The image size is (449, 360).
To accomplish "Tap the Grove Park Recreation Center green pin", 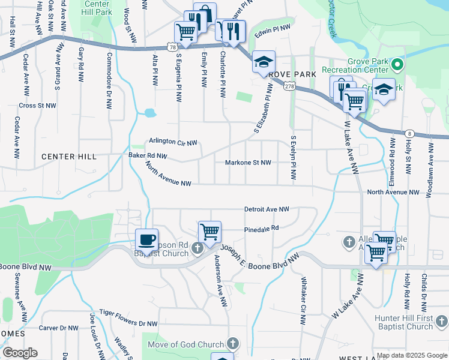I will click(396, 64).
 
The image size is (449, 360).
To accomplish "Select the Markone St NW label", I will click(248, 163).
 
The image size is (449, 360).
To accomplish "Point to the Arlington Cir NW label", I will click(173, 143).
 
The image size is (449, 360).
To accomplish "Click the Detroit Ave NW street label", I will click(267, 209).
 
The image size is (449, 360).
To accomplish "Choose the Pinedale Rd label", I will click(262, 229).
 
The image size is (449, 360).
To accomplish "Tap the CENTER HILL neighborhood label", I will click(69, 157).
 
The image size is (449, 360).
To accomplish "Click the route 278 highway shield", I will click(290, 87).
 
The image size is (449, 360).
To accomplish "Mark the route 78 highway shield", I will click(172, 47).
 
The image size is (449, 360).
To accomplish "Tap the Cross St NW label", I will click(37, 105).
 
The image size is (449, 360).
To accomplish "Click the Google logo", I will click(20, 353).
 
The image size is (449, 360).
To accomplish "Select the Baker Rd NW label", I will click(148, 155).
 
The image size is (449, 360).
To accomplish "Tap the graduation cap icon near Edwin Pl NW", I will click(264, 61).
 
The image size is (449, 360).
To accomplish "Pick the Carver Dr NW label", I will click(58, 328).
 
